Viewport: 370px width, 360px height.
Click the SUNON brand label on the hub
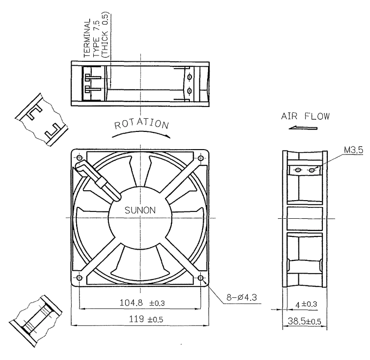click(x=140, y=210)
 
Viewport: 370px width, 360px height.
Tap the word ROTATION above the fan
click(x=142, y=124)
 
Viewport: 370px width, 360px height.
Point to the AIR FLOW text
click(x=305, y=116)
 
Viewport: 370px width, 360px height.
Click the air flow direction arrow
click(x=303, y=128)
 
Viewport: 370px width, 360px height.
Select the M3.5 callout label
click(x=353, y=150)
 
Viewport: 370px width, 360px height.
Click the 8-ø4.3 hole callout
click(x=241, y=297)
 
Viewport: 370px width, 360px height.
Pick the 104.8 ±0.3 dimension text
click(x=142, y=303)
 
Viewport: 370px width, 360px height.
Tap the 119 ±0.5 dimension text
click(x=146, y=319)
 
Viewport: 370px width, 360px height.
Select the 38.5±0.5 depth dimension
click(x=304, y=321)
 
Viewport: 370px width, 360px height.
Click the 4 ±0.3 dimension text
click(x=306, y=304)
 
